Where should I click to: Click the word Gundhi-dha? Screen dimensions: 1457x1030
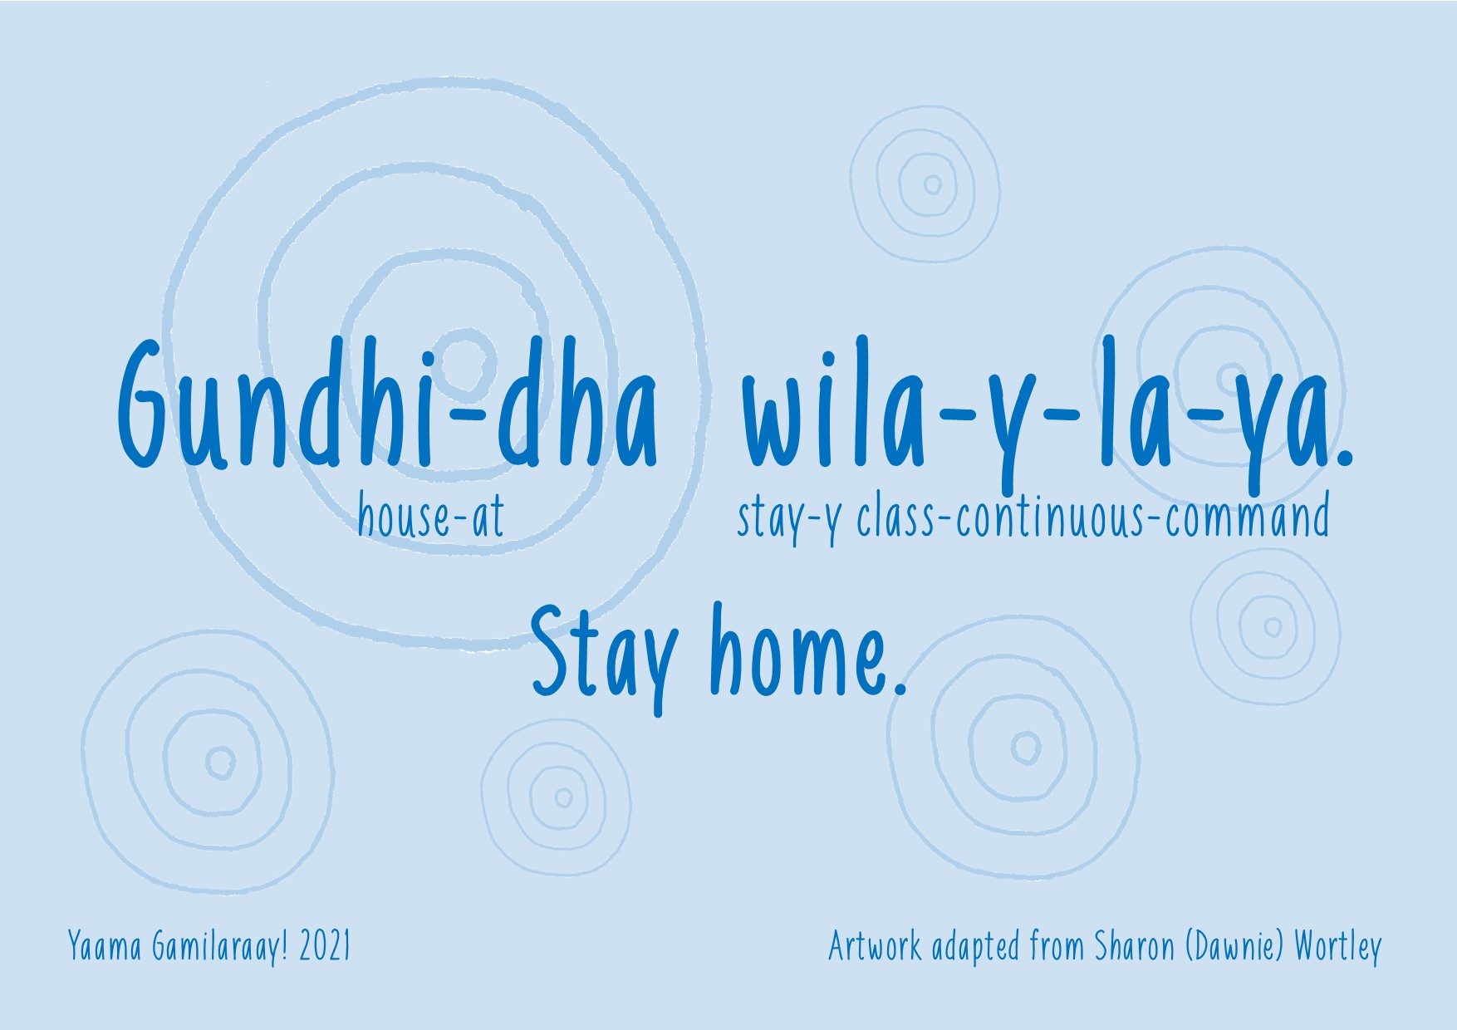pyautogui.click(x=387, y=403)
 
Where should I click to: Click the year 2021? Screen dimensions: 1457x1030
pyautogui.click(x=325, y=946)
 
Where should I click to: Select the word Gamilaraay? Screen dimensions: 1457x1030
pyautogui.click(x=220, y=947)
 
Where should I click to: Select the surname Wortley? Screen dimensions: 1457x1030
pyautogui.click(x=1337, y=947)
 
